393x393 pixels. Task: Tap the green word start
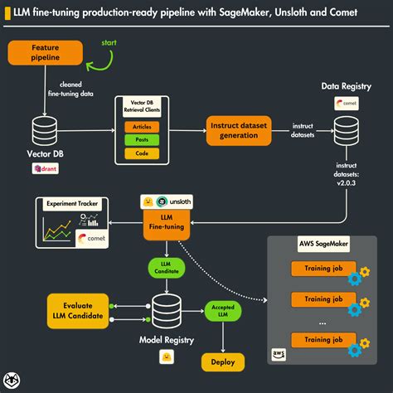point(108,41)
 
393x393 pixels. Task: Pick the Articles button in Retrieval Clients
point(143,126)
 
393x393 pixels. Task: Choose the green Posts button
point(143,139)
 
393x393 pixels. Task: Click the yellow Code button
point(143,153)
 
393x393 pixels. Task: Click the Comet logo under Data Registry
point(346,104)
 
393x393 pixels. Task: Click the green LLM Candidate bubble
point(165,268)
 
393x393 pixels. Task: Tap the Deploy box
point(222,361)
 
